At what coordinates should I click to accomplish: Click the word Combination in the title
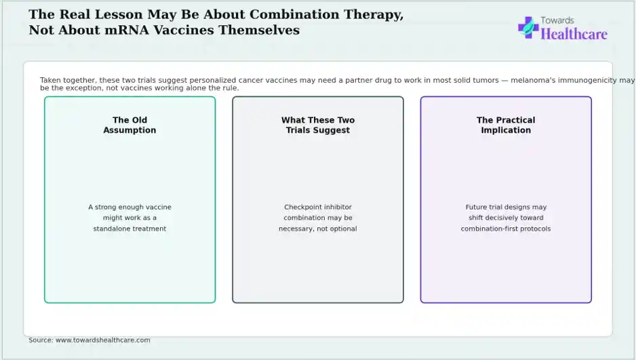tap(294, 14)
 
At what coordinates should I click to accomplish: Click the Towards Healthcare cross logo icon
tap(528, 28)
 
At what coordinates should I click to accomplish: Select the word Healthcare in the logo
tap(574, 34)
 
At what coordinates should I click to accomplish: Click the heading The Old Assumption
tap(130, 125)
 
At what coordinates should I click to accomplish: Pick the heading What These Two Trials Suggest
tap(318, 125)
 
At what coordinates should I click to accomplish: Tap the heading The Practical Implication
tap(506, 125)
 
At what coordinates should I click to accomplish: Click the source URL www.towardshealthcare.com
tap(102, 340)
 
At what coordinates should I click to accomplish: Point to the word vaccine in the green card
tap(158, 207)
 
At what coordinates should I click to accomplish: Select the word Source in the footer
tap(40, 340)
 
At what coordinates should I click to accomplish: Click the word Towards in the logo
tap(557, 20)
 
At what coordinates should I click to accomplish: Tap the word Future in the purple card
tap(476, 207)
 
